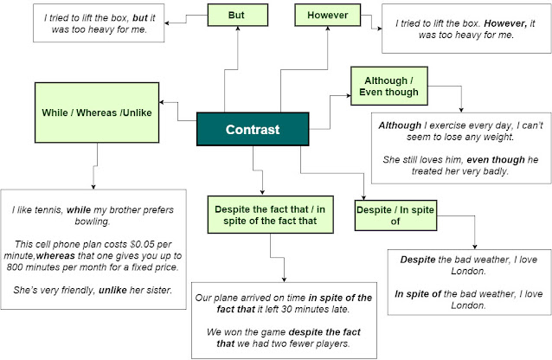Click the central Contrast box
point(253,130)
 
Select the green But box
point(235,15)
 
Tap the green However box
point(327,16)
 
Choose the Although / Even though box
point(388,86)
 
